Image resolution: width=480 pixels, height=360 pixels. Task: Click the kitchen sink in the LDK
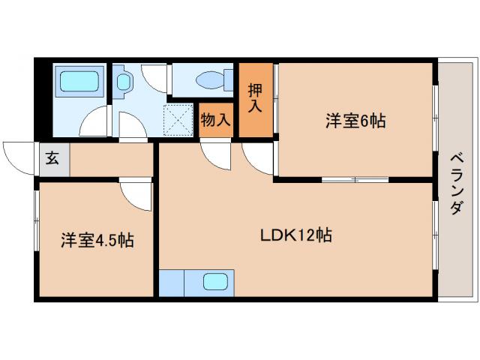[215, 283]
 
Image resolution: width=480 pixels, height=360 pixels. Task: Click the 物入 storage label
[216, 120]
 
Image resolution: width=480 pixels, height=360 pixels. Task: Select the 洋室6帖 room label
[355, 120]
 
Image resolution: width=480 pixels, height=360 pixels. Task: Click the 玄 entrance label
[52, 159]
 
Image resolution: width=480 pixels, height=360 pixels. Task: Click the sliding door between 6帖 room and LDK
[354, 180]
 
